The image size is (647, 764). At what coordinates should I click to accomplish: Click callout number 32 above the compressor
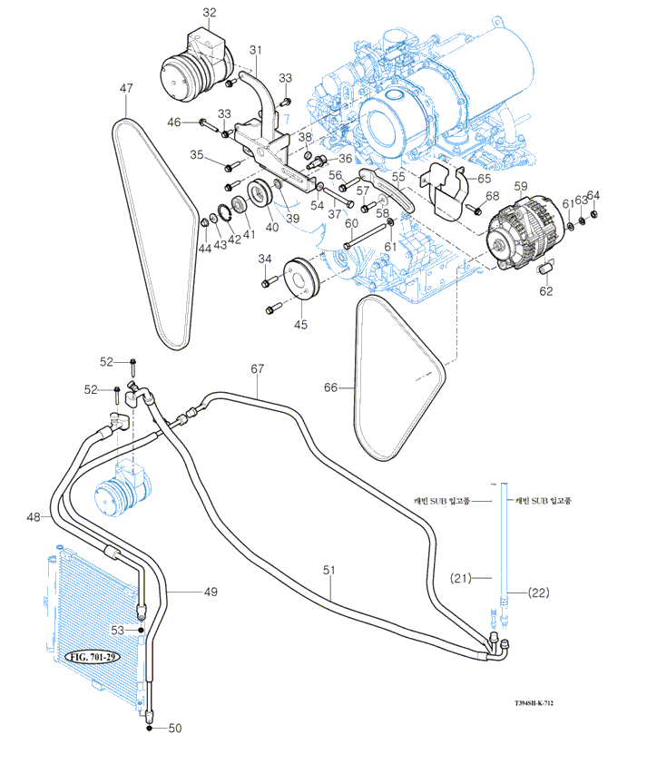(210, 13)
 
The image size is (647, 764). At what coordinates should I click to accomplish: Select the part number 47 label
(126, 88)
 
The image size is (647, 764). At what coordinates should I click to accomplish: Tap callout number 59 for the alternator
(520, 186)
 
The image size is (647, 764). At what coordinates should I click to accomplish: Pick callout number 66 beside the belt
(330, 387)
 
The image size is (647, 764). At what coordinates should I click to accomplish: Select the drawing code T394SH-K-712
(533, 702)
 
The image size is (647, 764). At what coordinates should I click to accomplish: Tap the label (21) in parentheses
(463, 578)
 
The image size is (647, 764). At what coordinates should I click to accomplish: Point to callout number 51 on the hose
(329, 570)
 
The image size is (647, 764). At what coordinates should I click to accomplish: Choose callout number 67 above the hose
(258, 369)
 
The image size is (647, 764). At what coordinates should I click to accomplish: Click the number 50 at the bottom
(175, 728)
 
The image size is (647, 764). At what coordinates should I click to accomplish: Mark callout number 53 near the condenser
(117, 629)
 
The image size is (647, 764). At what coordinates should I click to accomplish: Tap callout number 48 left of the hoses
(34, 517)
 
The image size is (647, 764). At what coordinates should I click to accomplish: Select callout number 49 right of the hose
(210, 592)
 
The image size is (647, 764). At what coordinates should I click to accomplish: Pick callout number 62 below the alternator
(545, 292)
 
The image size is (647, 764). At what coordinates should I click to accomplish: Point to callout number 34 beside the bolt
(265, 260)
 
